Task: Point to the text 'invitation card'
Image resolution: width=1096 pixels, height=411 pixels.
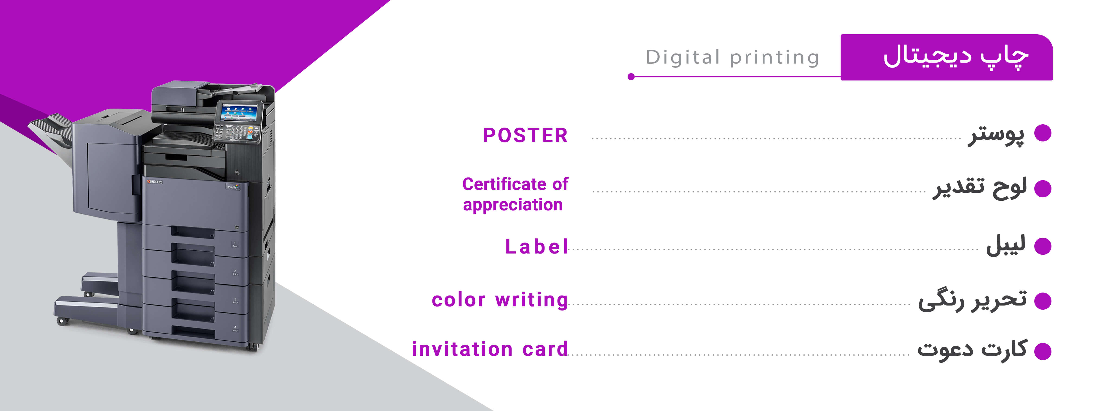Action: pos(490,349)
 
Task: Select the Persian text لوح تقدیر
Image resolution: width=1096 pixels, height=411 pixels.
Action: pos(980,189)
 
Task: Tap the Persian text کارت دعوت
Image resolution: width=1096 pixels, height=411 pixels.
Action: pos(972,350)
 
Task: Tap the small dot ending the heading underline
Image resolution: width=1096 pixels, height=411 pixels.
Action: pos(631,77)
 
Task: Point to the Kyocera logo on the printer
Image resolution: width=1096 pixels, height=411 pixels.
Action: pos(155,182)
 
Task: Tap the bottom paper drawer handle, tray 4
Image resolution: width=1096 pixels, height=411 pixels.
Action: pos(193,330)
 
